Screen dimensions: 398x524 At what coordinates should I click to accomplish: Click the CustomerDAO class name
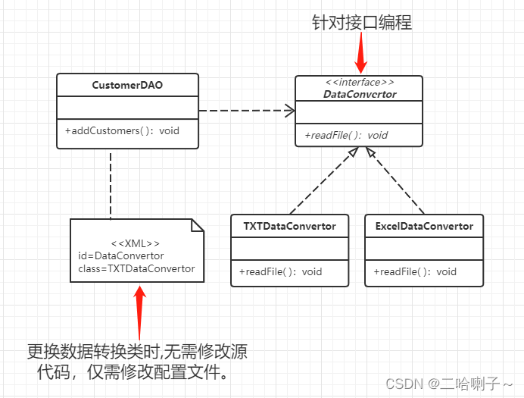pyautogui.click(x=127, y=85)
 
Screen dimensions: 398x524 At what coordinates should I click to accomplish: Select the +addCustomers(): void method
pyautogui.click(x=122, y=130)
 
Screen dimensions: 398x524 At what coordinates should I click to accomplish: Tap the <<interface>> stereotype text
pyautogui.click(x=359, y=83)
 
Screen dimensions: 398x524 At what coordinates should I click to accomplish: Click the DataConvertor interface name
pyautogui.click(x=360, y=95)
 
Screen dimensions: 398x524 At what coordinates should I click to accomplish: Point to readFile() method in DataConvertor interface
pyautogui.click(x=346, y=135)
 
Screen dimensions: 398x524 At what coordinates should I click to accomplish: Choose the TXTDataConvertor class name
pyautogui.click(x=289, y=226)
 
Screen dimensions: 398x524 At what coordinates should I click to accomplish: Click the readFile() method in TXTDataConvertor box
pyautogui.click(x=280, y=271)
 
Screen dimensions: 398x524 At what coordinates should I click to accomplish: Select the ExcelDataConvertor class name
pyautogui.click(x=423, y=226)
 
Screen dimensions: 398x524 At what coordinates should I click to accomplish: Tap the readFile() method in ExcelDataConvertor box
pyautogui.click(x=415, y=271)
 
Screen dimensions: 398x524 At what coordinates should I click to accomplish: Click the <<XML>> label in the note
pyautogui.click(x=136, y=243)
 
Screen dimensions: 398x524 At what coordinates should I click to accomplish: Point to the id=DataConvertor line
pyautogui.click(x=121, y=255)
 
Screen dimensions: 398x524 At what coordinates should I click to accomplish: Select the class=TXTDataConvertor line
pyautogui.click(x=136, y=268)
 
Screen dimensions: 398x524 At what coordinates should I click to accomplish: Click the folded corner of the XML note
pyautogui.click(x=198, y=225)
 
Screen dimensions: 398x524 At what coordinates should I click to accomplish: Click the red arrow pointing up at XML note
pyautogui.click(x=140, y=311)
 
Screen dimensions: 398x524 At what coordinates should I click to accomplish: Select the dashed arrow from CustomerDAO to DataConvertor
pyautogui.click(x=246, y=111)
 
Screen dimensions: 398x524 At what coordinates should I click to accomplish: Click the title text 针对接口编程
pyautogui.click(x=361, y=22)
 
